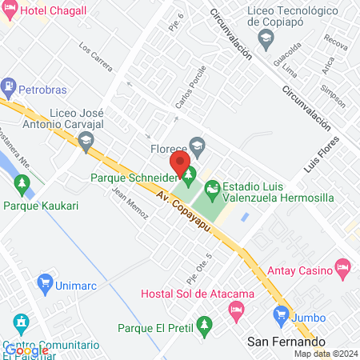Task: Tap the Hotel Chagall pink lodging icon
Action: click(x=9, y=10)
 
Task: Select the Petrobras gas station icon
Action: click(x=9, y=84)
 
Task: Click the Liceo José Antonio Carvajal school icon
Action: click(x=86, y=142)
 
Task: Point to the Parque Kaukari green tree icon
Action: click(x=22, y=187)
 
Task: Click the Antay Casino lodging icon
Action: click(x=343, y=266)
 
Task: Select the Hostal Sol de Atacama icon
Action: click(x=236, y=309)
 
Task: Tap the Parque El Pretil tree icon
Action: click(x=205, y=325)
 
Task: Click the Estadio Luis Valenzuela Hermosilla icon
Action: click(x=212, y=190)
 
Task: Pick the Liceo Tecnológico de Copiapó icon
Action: click(x=265, y=38)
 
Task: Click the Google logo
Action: click(x=27, y=350)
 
